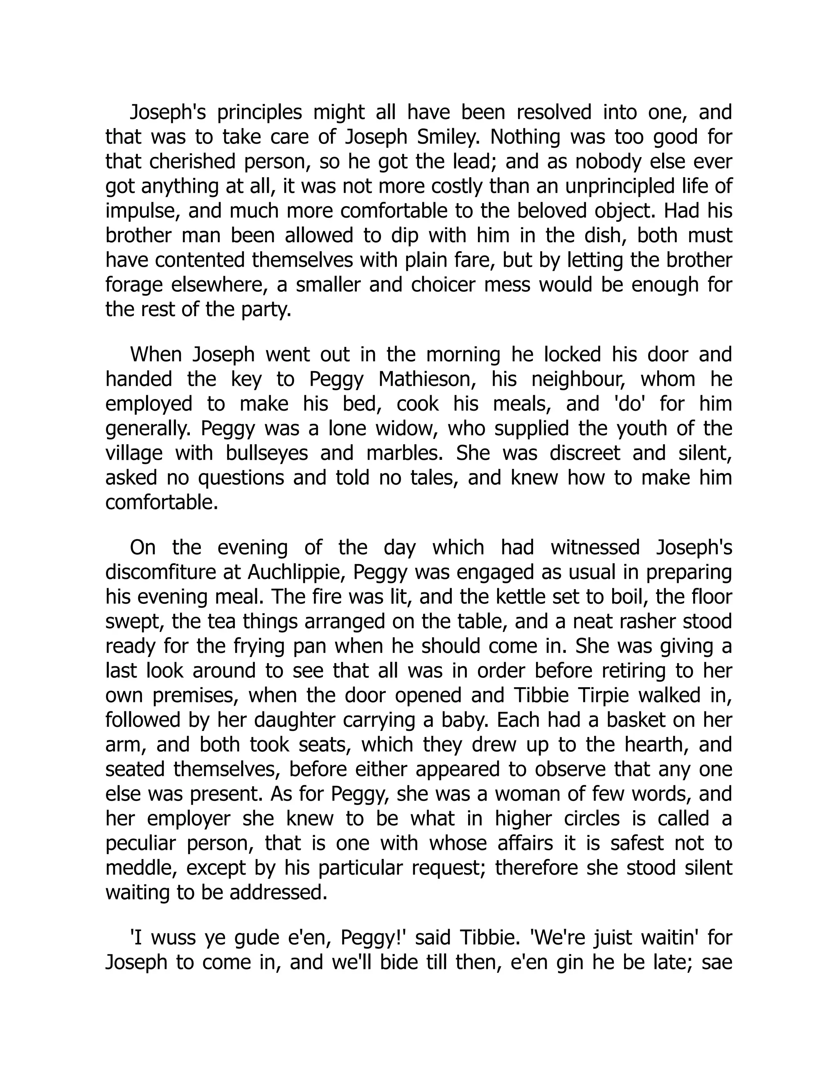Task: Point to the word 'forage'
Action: pyautogui.click(x=133, y=285)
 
